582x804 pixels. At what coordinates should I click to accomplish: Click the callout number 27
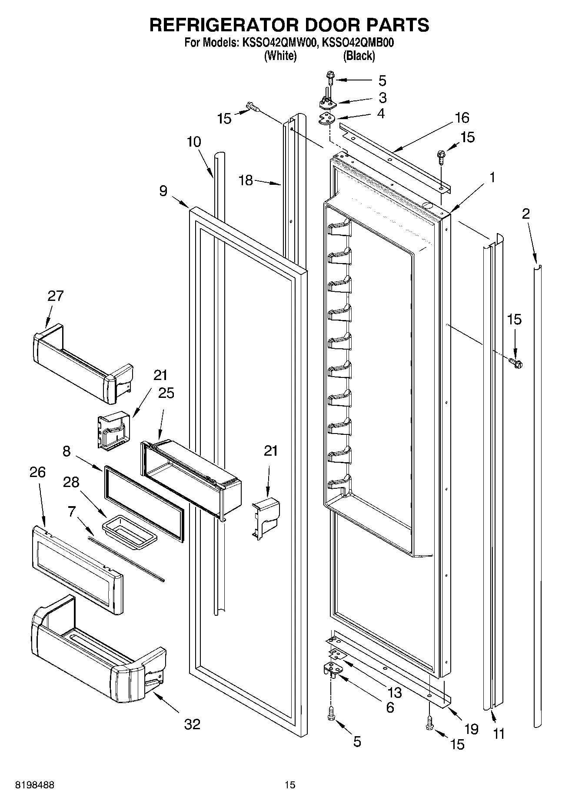pos(56,296)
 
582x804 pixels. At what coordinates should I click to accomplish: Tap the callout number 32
pos(192,724)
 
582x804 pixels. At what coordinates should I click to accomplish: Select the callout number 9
pos(163,190)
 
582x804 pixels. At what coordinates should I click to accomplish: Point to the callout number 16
pos(462,117)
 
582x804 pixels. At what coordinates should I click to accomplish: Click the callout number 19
pos(471,729)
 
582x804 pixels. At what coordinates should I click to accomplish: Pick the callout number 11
pos(499,734)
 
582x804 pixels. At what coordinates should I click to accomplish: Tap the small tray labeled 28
pos(130,527)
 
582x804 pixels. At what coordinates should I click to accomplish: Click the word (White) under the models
pos(280,56)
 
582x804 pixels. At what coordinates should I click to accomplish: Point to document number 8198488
pos(35,785)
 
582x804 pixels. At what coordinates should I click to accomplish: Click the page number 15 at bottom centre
pos(290,785)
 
